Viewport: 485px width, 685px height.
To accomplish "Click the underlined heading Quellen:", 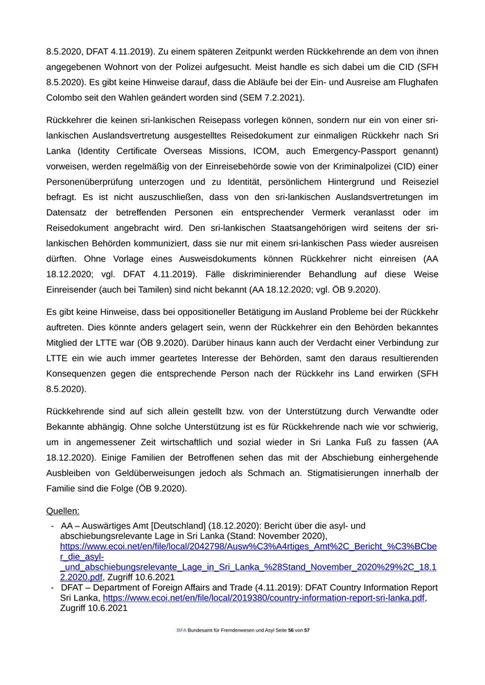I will tap(62, 511).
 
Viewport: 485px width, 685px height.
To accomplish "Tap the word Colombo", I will tap(66, 98).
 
